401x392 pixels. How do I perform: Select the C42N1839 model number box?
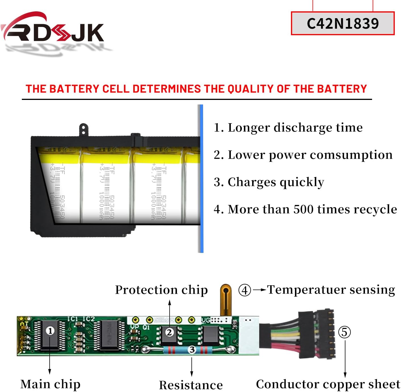(343, 23)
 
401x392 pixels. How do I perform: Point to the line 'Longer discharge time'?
(288, 127)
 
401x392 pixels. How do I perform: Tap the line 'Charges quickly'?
(269, 182)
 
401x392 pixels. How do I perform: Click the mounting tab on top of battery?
(83, 130)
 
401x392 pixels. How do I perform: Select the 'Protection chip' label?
(161, 290)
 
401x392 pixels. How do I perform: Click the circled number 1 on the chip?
(50, 331)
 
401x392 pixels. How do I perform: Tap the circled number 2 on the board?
(169, 332)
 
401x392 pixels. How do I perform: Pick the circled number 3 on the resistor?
(192, 349)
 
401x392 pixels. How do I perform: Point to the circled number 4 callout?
(244, 290)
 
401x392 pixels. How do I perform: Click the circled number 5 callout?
(344, 332)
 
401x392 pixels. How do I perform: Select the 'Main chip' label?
(50, 384)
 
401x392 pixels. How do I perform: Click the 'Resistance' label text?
(191, 385)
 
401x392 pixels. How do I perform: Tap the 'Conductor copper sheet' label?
(328, 384)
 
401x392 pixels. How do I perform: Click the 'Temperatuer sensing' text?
(331, 290)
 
